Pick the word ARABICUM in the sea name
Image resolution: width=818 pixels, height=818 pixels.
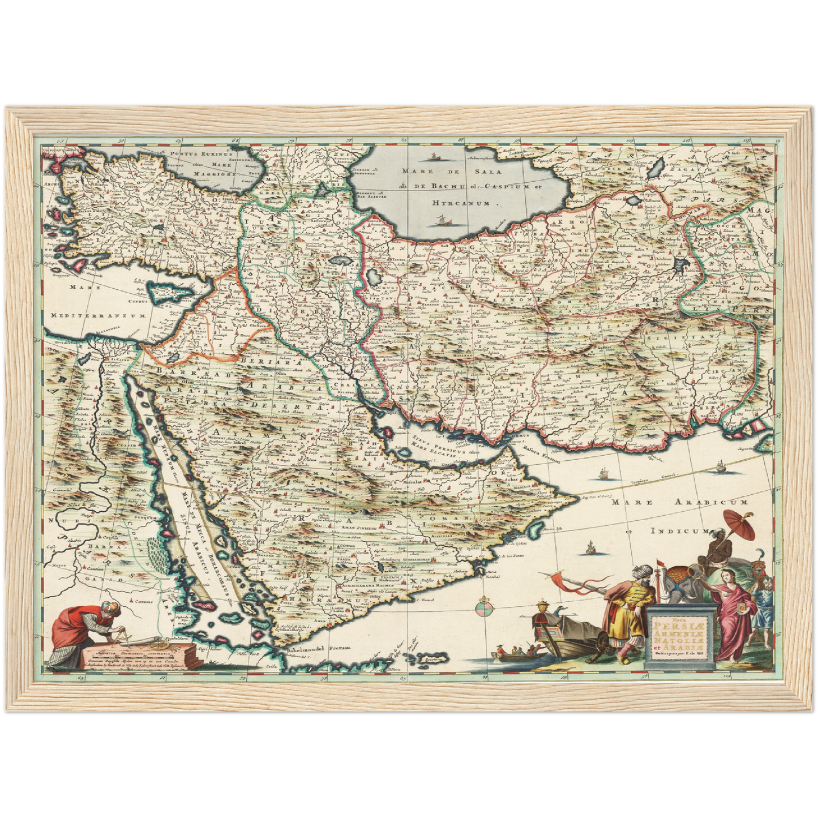pos(712,502)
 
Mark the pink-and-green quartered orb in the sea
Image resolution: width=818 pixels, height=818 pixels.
pos(484,609)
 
